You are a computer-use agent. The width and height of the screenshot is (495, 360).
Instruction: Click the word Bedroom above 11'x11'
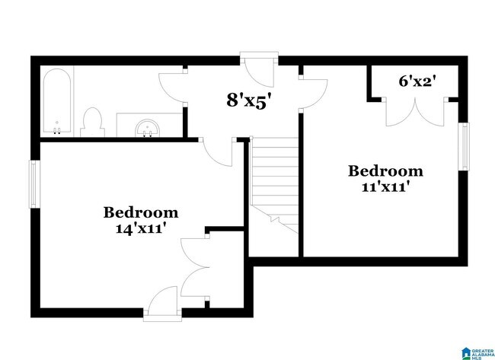(x=385, y=170)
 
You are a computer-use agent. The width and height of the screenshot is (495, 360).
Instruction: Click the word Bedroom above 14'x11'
(x=141, y=212)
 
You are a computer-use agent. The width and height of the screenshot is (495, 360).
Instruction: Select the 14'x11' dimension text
(x=141, y=227)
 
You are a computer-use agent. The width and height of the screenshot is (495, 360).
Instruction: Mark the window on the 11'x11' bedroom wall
(x=464, y=146)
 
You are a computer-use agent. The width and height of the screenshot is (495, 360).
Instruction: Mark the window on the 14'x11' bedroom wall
(x=33, y=183)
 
